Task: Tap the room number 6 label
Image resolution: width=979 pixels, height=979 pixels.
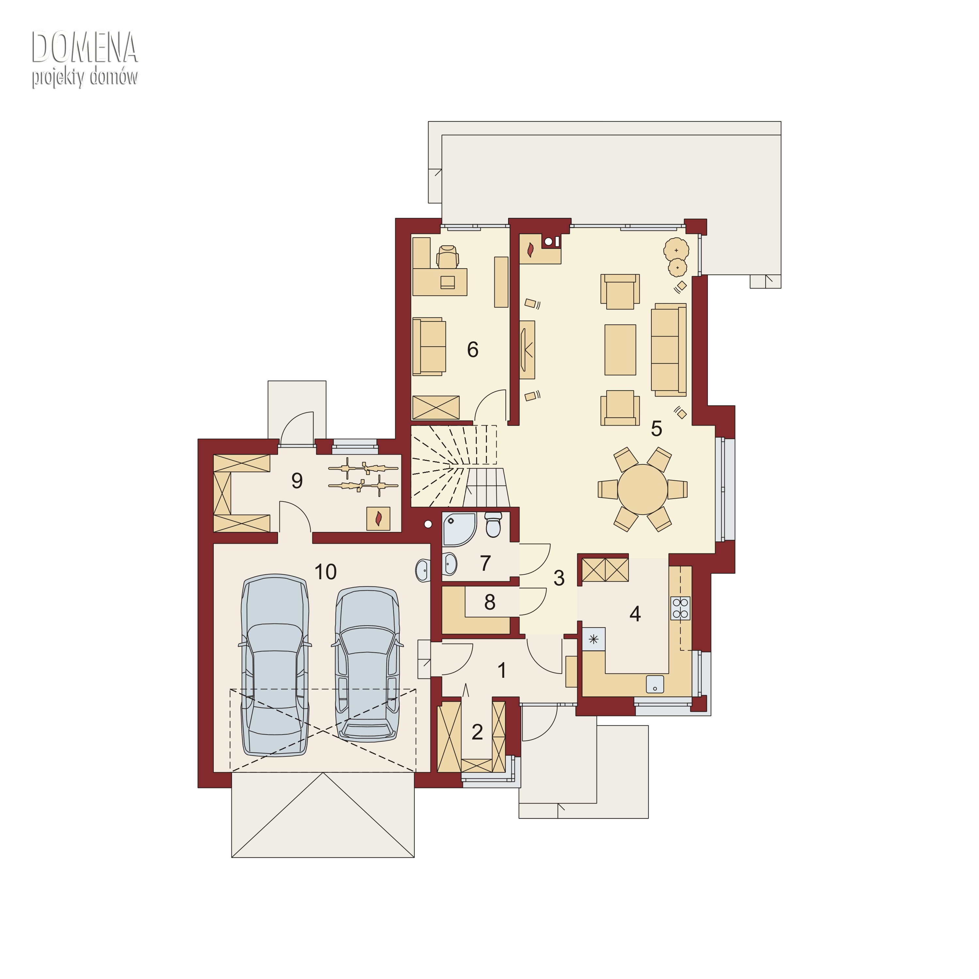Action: click(x=472, y=350)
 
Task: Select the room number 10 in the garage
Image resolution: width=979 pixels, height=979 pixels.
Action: click(x=325, y=572)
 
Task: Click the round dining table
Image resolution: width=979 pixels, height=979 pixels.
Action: click(x=643, y=489)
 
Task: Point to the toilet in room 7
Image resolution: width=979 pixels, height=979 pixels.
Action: click(x=493, y=524)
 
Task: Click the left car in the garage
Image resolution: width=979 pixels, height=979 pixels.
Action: click(x=275, y=665)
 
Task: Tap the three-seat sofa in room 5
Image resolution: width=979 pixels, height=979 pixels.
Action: click(x=669, y=350)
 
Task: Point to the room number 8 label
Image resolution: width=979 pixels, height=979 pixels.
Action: click(x=489, y=602)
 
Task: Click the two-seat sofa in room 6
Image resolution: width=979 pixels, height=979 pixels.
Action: click(x=429, y=347)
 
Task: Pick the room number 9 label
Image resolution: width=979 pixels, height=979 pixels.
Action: click(x=297, y=480)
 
